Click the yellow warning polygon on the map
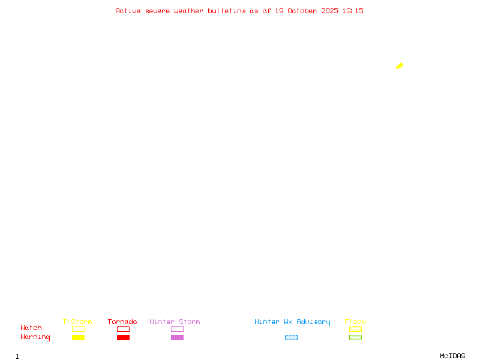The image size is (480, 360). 400,65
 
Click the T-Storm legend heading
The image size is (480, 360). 77,322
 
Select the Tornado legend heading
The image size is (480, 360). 122,322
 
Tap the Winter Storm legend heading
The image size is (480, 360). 175,322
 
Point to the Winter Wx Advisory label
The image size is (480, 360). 292,322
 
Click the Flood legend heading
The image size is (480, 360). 355,322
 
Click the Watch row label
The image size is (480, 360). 31,328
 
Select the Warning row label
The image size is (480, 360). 35,337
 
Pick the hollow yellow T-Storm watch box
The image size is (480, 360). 79,329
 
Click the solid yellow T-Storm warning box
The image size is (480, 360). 79,337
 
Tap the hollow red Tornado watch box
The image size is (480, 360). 124,329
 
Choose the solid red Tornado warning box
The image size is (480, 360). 124,337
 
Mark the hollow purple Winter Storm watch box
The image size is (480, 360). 177,329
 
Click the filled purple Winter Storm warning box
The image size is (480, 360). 177,337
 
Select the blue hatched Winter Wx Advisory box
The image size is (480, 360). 291,337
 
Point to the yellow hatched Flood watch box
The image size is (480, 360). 355,329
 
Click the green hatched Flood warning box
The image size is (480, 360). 355,337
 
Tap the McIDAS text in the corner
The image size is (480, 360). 452,356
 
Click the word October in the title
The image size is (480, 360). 302,11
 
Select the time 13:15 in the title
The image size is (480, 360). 353,11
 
